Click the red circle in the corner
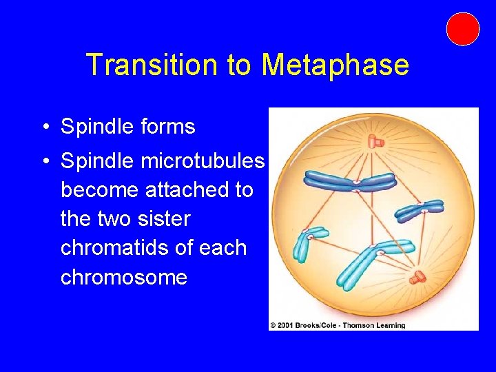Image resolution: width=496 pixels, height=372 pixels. point(462,29)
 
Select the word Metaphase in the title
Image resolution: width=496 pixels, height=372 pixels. point(335,65)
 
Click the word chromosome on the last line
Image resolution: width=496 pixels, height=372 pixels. point(124,277)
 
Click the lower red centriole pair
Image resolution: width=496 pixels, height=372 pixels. point(418,277)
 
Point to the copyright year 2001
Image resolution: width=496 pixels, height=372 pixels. point(284,325)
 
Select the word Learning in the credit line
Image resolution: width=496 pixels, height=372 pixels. point(390,325)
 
